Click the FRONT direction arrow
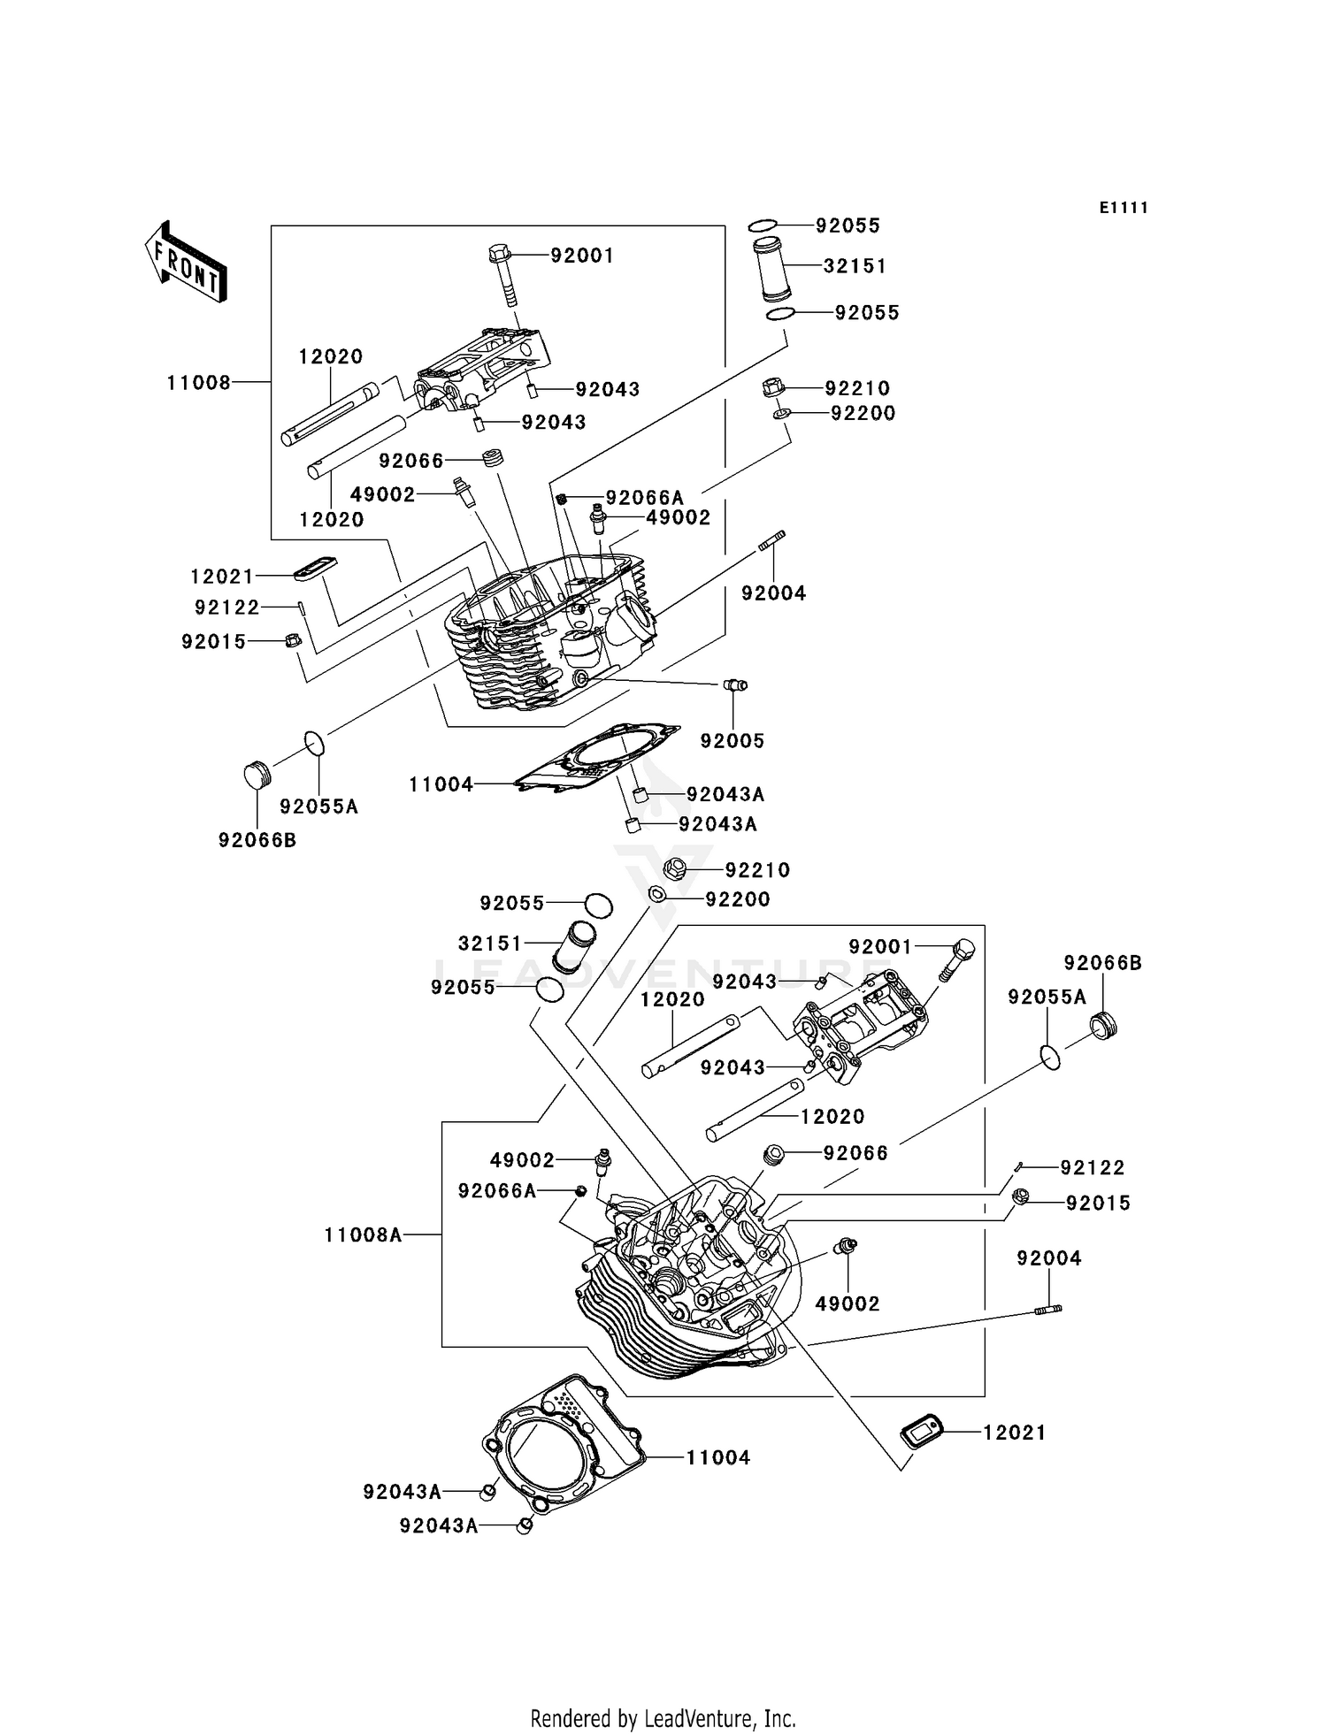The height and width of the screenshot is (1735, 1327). pyautogui.click(x=187, y=263)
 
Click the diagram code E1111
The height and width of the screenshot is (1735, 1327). pyautogui.click(x=1124, y=208)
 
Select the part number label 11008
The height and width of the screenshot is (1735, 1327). pyautogui.click(x=198, y=382)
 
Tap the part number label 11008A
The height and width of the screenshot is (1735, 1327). pyautogui.click(x=363, y=1234)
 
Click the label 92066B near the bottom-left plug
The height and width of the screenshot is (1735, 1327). pyautogui.click(x=257, y=840)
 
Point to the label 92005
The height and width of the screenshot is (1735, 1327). pyautogui.click(x=732, y=740)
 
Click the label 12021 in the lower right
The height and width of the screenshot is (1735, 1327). pyautogui.click(x=1014, y=1432)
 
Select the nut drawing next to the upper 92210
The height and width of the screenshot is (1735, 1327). pyautogui.click(x=774, y=387)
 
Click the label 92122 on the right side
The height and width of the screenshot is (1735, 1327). pyautogui.click(x=1092, y=1167)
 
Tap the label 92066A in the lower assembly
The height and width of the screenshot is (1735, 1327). pyautogui.click(x=496, y=1191)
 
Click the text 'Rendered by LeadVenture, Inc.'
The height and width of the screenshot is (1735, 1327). pyautogui.click(x=663, y=1717)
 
